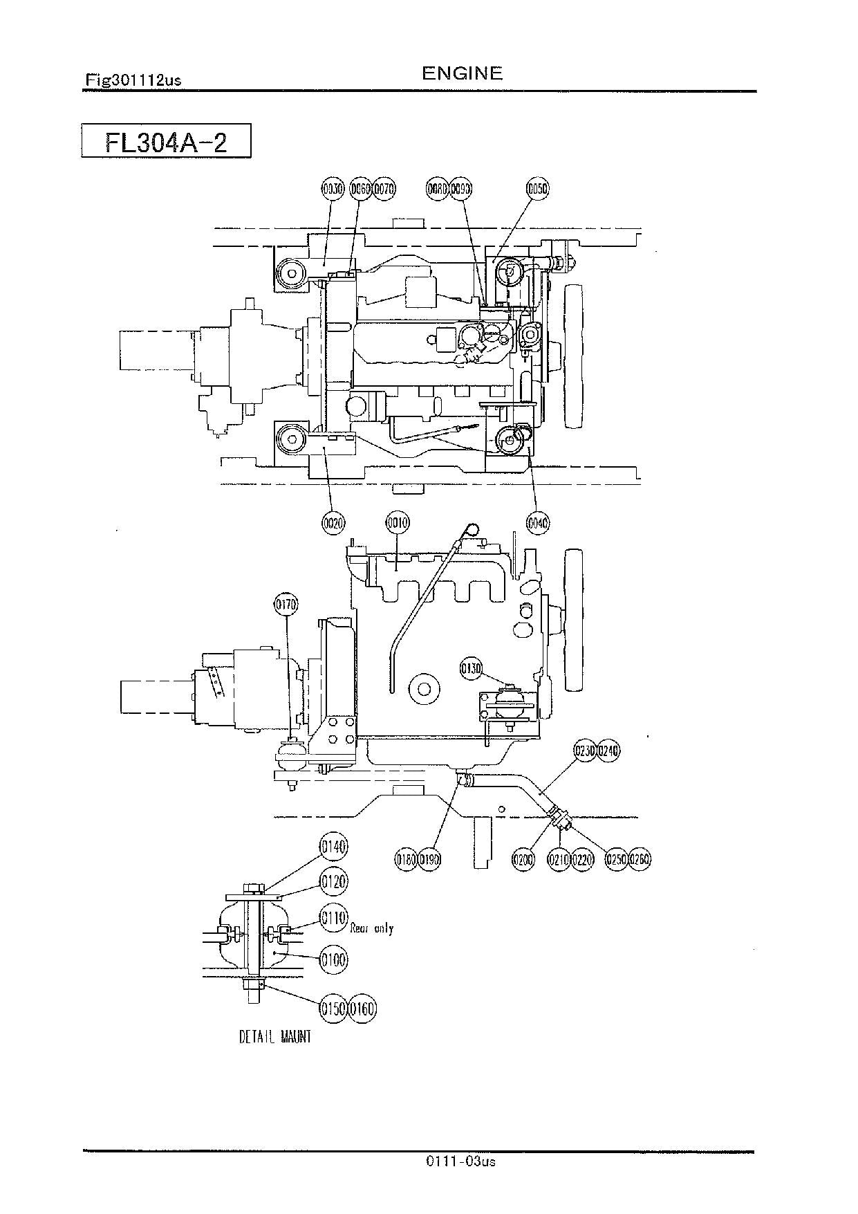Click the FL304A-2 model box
(x=166, y=141)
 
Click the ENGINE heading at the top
(x=462, y=73)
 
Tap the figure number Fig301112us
(x=133, y=80)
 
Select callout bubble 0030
(x=333, y=188)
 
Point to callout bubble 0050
(x=537, y=188)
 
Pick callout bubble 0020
(x=333, y=524)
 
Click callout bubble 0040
(x=538, y=524)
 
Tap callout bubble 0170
(x=286, y=604)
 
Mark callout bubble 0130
(x=472, y=668)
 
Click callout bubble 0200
(x=523, y=859)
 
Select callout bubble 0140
(x=333, y=847)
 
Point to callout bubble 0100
(x=333, y=959)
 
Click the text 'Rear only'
(x=372, y=928)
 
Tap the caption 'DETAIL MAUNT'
(x=275, y=1037)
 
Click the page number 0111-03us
(x=461, y=1161)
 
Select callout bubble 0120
(x=333, y=882)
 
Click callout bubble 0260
(x=640, y=859)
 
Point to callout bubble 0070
(x=384, y=188)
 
